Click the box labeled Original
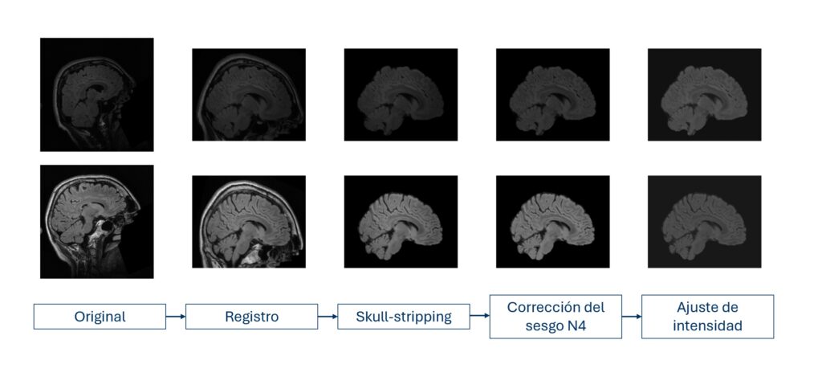coord(100,317)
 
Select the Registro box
coord(251,317)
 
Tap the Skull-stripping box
coord(404,317)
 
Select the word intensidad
coord(708,326)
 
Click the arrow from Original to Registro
coord(176,317)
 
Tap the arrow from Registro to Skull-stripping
coord(328,317)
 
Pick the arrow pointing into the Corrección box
coord(480,316)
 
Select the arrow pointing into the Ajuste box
coord(632,317)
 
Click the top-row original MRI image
coord(97,95)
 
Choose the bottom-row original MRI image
coord(97,222)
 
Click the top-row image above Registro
coord(249,95)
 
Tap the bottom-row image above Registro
coord(249,222)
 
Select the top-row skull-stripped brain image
coord(401,95)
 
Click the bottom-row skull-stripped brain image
coord(401,222)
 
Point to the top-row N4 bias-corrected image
coord(553,95)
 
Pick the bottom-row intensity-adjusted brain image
coord(705,222)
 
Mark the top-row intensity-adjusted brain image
coord(705,95)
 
